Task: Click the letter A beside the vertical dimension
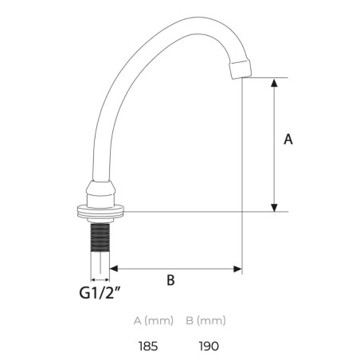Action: tap(288, 139)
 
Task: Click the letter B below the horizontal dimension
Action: tap(170, 280)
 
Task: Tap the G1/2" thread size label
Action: tap(100, 292)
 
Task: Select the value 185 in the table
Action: tap(148, 346)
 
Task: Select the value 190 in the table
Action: tap(209, 346)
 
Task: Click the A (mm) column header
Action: tap(154, 321)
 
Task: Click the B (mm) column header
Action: tap(205, 321)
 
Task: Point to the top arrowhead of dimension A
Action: tap(274, 82)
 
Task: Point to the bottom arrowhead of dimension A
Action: tap(274, 208)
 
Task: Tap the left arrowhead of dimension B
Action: tap(114, 268)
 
